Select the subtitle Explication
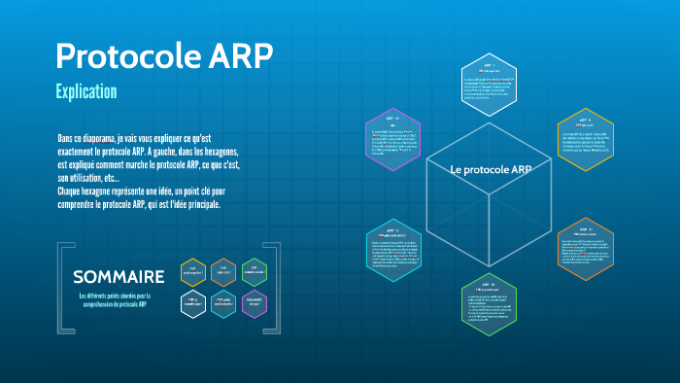86,92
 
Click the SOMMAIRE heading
119,276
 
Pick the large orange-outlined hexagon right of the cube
586,248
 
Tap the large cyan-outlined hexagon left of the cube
394,252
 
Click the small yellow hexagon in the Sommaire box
193,273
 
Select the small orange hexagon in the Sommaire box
223,273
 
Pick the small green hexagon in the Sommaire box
254,273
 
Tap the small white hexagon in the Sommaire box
193,304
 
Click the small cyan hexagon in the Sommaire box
223,304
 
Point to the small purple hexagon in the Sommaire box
254,304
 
